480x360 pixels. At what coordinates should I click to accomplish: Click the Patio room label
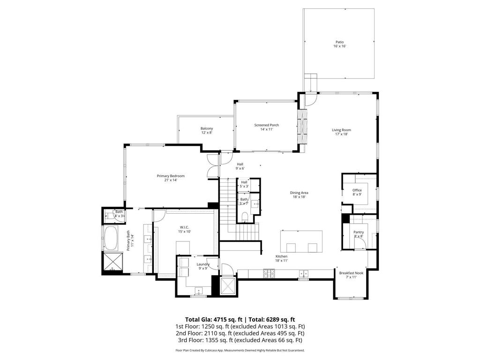coord(339,42)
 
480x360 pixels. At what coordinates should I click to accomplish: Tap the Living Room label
coord(341,130)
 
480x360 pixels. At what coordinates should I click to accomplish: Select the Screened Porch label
coord(266,125)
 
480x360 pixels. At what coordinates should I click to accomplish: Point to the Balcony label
coord(207,128)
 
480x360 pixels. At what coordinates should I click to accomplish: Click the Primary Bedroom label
coord(171,176)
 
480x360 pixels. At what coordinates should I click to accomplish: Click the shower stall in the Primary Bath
coord(112,262)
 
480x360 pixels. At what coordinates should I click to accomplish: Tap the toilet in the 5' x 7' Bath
coord(245,216)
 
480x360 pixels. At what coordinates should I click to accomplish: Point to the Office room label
coord(357,190)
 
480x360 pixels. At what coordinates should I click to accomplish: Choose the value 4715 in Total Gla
coord(221,319)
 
